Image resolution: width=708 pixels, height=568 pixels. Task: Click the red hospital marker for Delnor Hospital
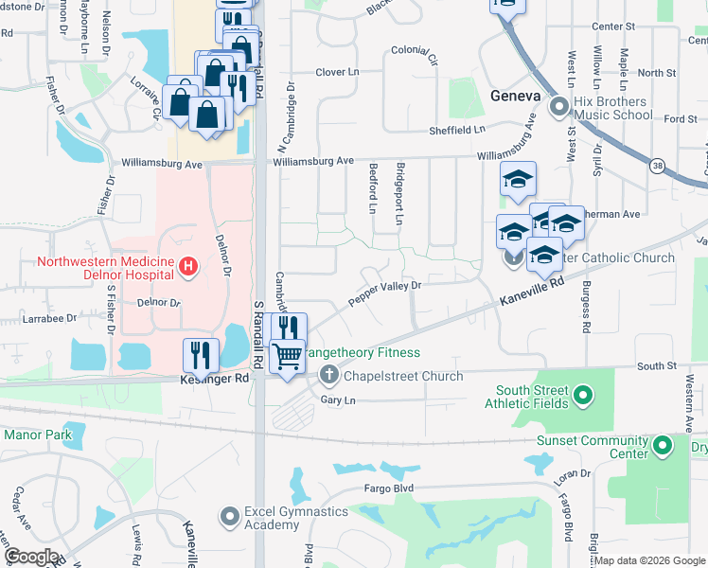[x=188, y=269]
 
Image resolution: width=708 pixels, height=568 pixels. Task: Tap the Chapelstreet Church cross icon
[x=328, y=376]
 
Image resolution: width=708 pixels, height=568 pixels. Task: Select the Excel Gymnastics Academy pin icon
[x=228, y=517]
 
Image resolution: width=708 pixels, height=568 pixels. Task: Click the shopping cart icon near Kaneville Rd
[x=288, y=357]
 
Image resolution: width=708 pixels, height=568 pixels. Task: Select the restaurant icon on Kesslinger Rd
[x=201, y=355]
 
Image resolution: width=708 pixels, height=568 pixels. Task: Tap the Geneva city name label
[x=515, y=97]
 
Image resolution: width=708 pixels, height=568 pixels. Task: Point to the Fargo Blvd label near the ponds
[x=390, y=488]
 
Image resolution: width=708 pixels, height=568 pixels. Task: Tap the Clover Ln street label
[x=338, y=72]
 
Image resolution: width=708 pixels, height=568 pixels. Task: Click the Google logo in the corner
[x=31, y=556]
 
